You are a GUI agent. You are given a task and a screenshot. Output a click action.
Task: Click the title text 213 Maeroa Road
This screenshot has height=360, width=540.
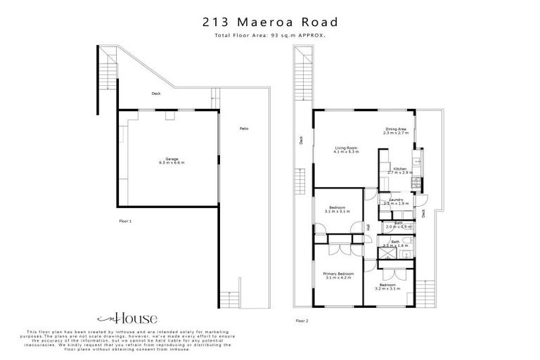(269, 22)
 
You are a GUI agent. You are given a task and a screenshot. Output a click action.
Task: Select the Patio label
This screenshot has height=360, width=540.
(243, 128)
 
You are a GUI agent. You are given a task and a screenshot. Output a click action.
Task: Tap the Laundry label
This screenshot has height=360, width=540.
(396, 200)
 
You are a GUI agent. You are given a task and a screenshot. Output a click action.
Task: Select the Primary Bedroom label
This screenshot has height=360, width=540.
(337, 274)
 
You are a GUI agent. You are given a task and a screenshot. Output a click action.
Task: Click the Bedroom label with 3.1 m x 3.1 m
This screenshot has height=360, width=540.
(337, 208)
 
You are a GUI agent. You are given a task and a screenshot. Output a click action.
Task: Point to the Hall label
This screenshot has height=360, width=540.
(368, 226)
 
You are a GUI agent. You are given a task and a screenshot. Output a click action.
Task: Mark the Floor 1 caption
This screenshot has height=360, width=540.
(126, 221)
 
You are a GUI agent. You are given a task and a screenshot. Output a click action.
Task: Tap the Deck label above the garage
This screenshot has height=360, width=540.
(156, 94)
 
